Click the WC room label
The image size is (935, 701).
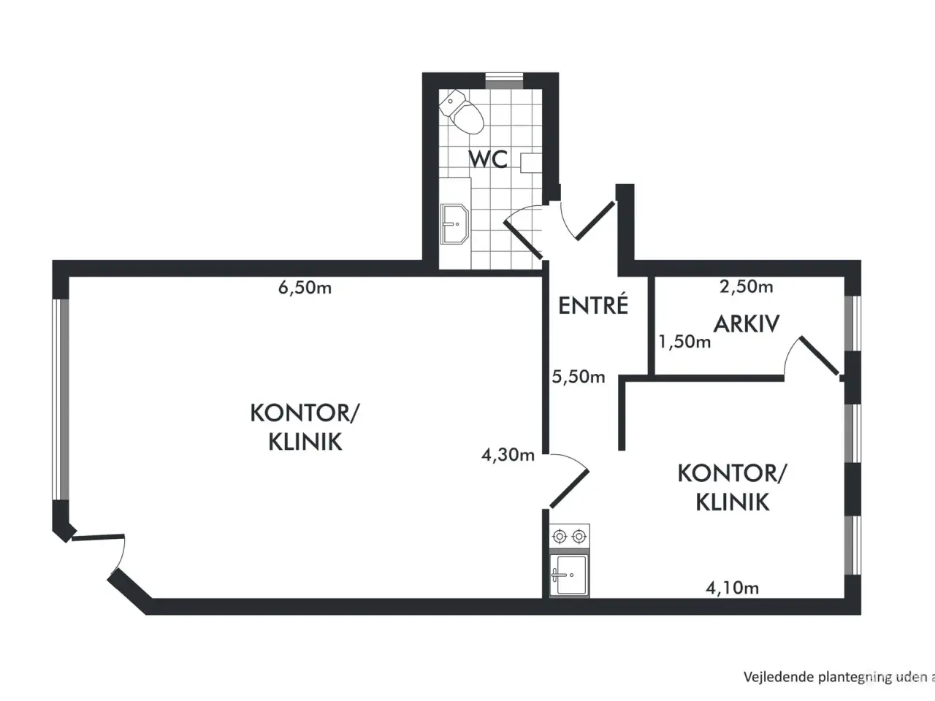coord(488,158)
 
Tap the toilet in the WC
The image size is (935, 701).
coord(462,112)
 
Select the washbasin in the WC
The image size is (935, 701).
coord(454,224)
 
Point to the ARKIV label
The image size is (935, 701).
coord(747,324)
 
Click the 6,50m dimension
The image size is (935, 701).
coord(305,288)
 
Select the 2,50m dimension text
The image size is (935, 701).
coord(747,286)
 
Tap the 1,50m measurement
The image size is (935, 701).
coord(684,341)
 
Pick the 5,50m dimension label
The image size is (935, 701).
coord(579,377)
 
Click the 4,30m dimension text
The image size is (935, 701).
coord(508,455)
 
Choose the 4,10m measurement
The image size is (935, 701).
coord(732,588)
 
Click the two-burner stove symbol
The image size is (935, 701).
coord(570,537)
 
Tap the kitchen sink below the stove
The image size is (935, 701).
coord(569,574)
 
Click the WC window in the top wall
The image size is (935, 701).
coord(504,81)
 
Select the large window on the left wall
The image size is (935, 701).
coord(61,399)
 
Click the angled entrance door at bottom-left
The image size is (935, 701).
coord(98,537)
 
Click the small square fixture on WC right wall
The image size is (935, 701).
coord(531,163)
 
